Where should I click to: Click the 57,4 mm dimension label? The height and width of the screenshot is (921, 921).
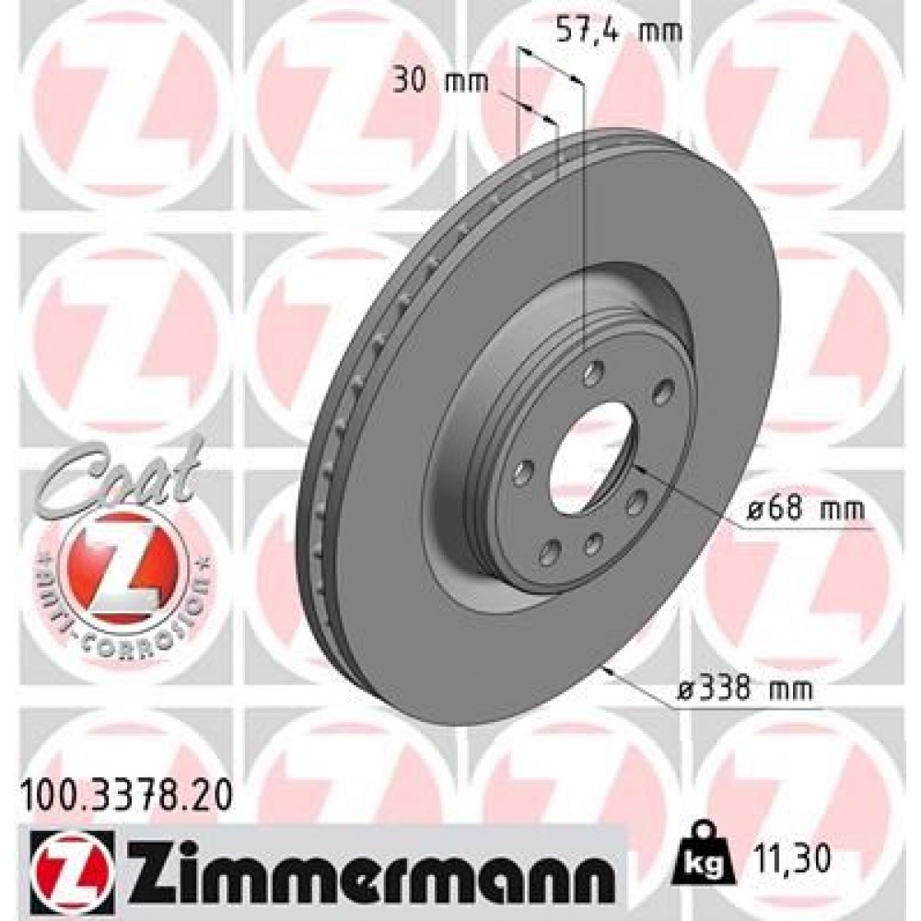619,31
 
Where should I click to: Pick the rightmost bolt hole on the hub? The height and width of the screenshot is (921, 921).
661,393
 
